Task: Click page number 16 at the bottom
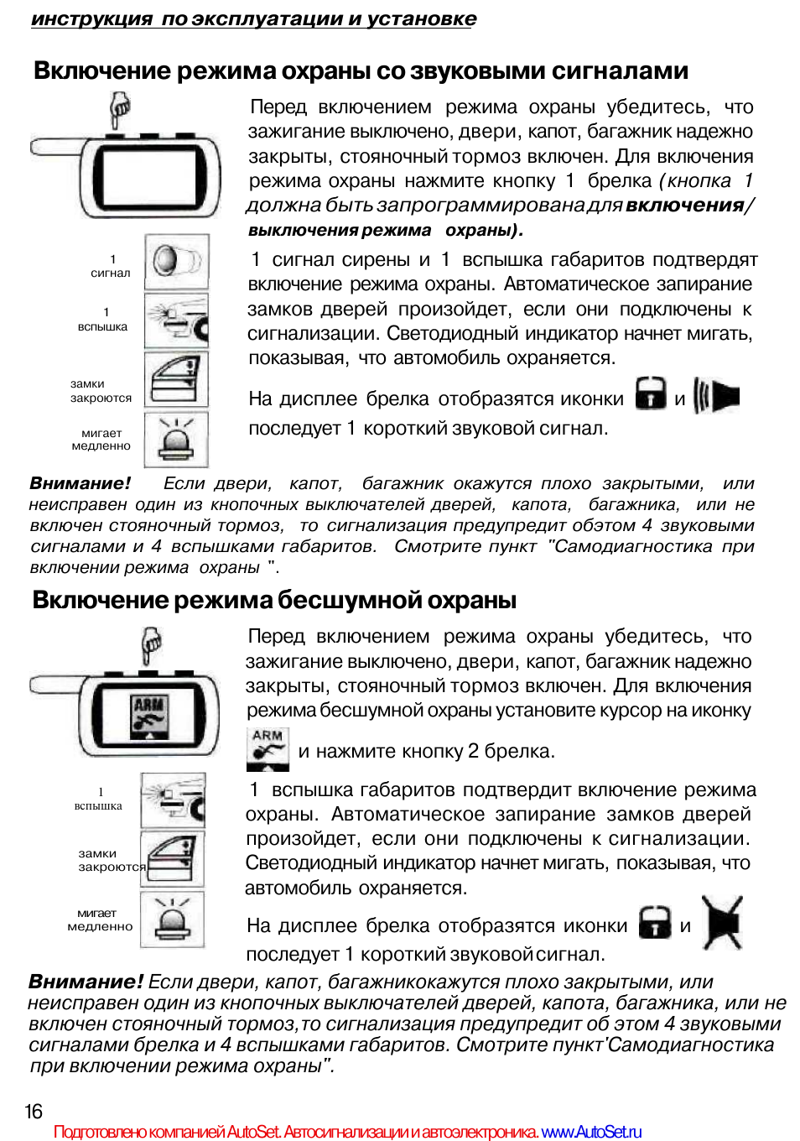(x=34, y=1112)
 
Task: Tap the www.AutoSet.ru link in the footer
(x=591, y=1132)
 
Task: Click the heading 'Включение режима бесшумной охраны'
(x=274, y=600)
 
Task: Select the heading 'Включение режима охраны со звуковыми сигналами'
(x=361, y=70)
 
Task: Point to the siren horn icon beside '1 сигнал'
(x=176, y=260)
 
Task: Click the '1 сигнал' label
(x=111, y=266)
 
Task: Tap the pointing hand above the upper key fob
(x=121, y=109)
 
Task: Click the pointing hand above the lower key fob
(x=151, y=645)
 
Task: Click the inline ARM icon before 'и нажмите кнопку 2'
(x=268, y=748)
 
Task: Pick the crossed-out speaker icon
(x=723, y=923)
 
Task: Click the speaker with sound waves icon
(x=717, y=396)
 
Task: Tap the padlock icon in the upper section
(x=651, y=393)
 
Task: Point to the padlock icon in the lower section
(x=655, y=923)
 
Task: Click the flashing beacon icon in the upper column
(x=176, y=438)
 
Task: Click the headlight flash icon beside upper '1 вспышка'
(x=176, y=320)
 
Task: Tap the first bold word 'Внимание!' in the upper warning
(x=81, y=483)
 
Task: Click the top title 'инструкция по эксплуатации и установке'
(x=253, y=18)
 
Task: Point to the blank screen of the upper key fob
(x=151, y=179)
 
